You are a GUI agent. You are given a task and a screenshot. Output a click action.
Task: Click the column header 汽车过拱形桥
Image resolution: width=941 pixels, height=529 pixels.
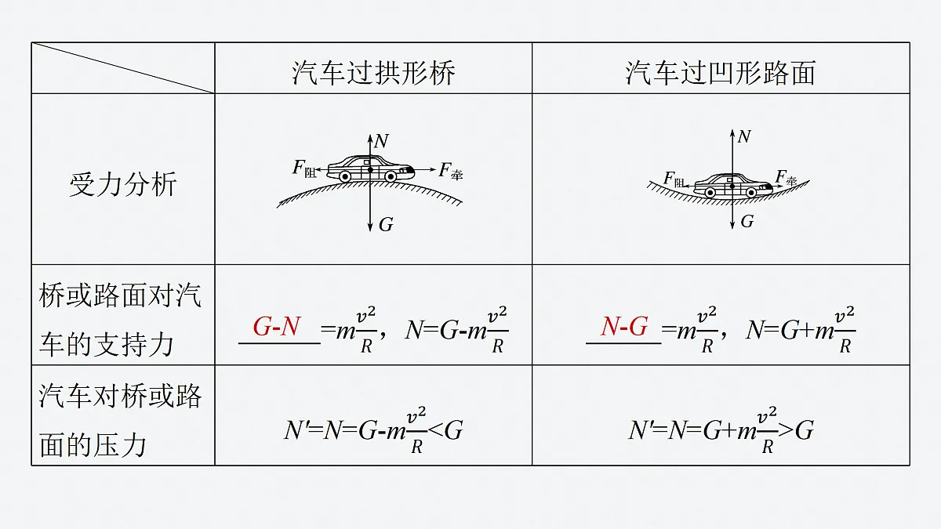[x=373, y=73]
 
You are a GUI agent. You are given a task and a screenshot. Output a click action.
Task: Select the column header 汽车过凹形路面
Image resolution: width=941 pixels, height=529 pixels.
[x=721, y=73]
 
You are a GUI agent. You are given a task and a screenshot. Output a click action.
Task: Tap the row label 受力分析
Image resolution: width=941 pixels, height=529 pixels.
[x=123, y=184]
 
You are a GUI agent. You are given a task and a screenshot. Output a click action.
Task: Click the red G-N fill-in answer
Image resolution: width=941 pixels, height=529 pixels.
[x=277, y=326]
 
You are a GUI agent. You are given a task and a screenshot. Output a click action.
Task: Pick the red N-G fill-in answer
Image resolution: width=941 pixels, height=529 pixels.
[x=624, y=326]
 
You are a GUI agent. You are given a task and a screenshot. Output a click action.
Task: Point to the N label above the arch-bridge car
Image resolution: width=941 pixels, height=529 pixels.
[x=381, y=141]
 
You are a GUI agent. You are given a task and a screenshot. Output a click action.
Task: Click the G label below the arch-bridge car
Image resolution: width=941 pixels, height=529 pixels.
[x=386, y=225]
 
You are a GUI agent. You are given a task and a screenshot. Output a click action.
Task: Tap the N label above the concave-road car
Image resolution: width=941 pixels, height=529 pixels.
[x=744, y=136]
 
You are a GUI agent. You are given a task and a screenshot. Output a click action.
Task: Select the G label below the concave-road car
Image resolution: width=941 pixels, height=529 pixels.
[x=747, y=221]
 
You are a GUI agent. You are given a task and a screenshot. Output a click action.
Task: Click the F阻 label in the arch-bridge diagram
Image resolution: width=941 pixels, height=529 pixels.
[x=304, y=168]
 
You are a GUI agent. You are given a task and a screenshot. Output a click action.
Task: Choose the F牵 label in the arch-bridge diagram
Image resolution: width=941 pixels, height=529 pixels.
[x=451, y=171]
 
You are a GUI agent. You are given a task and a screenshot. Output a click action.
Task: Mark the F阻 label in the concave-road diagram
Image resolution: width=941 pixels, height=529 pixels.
[x=674, y=179]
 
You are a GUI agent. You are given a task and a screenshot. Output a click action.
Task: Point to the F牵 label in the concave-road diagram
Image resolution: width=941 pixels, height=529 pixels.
[x=786, y=178]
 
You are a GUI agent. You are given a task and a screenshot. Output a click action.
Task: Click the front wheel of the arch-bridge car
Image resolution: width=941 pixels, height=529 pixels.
[x=391, y=177]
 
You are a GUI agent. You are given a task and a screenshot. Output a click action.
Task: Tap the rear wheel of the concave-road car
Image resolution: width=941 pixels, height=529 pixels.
[x=710, y=193]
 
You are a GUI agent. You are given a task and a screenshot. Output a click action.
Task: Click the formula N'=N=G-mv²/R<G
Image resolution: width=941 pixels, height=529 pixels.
[x=373, y=430]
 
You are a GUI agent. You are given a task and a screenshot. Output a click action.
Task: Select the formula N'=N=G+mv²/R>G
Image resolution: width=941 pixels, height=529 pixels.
[x=721, y=430]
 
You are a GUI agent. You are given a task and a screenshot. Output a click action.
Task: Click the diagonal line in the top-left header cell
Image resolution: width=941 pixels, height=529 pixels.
[x=123, y=67]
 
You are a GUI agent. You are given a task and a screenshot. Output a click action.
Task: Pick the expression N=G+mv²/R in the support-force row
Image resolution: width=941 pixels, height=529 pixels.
[x=801, y=330]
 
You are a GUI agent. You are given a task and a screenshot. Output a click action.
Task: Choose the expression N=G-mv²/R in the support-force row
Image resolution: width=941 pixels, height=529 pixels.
[x=457, y=330]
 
